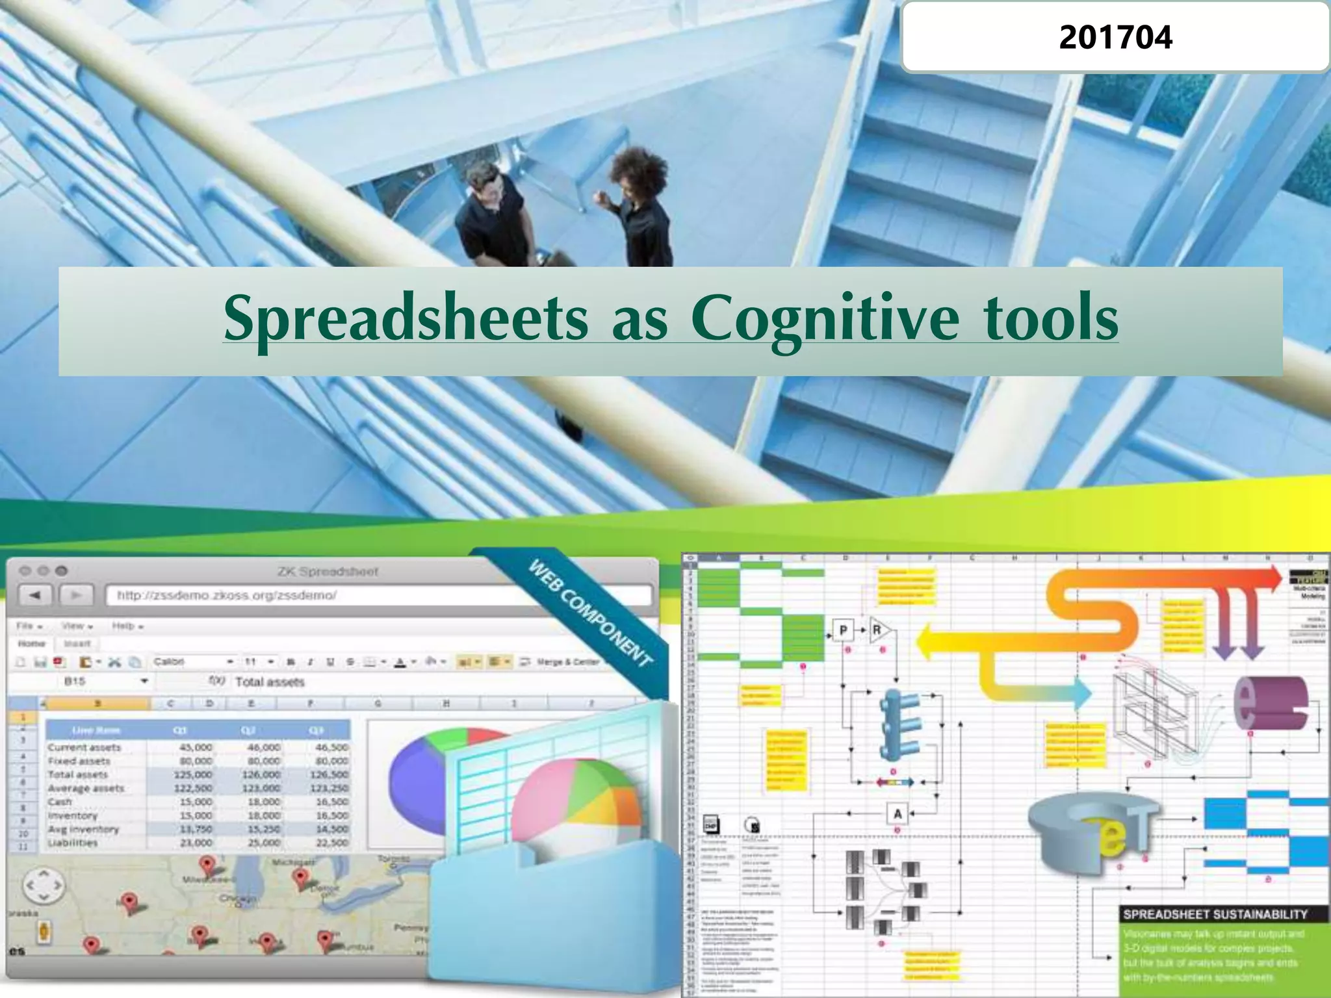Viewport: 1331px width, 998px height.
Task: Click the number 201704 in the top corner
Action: [1115, 38]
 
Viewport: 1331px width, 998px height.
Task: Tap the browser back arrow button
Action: [36, 595]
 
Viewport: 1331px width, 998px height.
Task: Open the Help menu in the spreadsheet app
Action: [127, 626]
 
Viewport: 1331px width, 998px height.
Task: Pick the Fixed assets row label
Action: [79, 761]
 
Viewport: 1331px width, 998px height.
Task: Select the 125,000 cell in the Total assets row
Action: [193, 774]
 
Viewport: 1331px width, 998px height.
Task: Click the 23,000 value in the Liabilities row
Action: [195, 843]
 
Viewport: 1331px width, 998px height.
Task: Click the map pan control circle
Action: [43, 885]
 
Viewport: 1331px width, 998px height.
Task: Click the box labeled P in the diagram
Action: [843, 630]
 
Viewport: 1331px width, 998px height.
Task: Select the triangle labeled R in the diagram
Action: [879, 630]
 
